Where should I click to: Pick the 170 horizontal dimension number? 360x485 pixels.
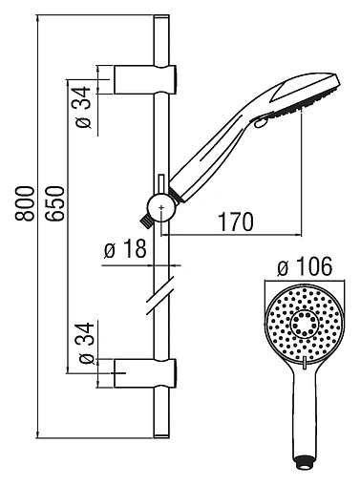click(235, 222)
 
